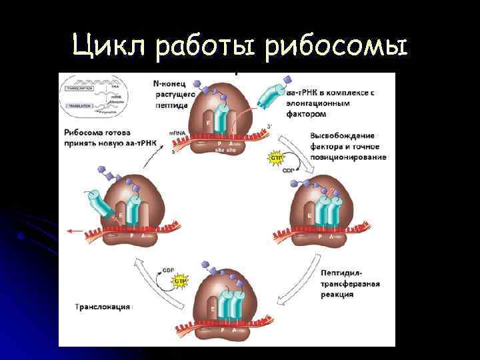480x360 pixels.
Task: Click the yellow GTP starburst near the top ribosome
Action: click(x=275, y=158)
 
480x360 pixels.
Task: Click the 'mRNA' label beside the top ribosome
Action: click(x=179, y=134)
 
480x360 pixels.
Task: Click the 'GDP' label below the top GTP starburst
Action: click(x=288, y=169)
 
